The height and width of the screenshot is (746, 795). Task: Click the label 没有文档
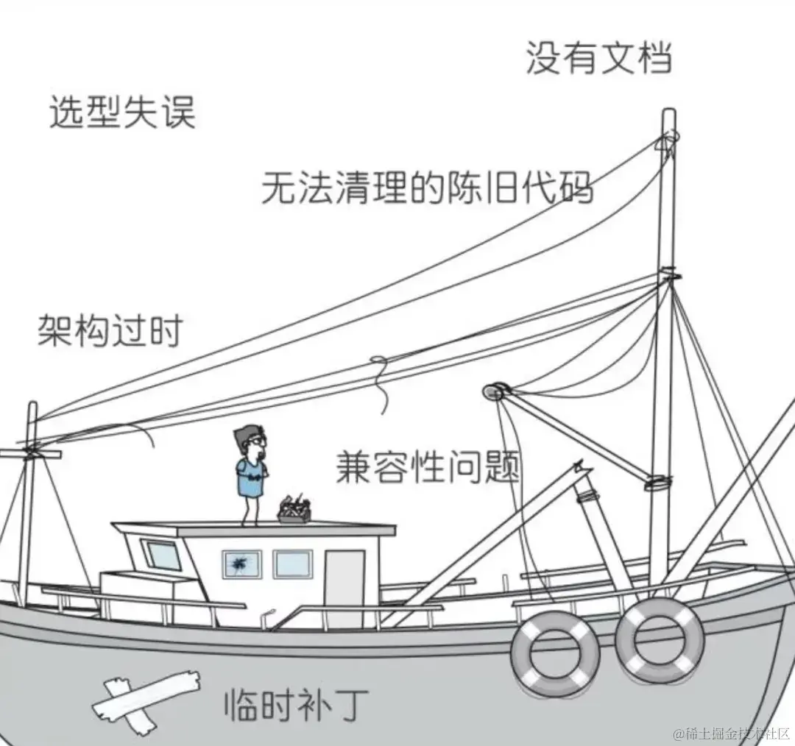598,57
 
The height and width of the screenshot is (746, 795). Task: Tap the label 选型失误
122,113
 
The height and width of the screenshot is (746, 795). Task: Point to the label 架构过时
110,330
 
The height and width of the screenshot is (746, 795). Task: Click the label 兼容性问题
428,466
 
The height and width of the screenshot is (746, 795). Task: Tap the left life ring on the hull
555,653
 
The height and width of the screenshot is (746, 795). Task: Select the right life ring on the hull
660,640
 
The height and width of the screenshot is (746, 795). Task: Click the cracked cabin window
241,565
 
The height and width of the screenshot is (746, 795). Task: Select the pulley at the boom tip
494,391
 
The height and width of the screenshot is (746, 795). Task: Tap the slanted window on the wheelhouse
161,555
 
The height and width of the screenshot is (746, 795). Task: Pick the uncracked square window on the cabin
293,564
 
